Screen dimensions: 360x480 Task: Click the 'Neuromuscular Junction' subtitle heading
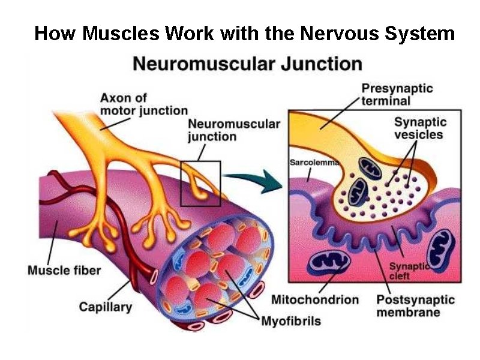[247, 64]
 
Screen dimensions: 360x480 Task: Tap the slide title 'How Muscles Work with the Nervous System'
[244, 33]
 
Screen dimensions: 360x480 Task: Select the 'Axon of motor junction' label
[144, 104]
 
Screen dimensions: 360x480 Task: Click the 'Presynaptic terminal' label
[397, 94]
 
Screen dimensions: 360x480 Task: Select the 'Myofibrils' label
[291, 321]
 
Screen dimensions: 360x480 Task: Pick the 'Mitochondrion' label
[315, 299]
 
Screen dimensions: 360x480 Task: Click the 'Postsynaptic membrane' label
[415, 306]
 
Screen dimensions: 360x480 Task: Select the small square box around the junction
[200, 183]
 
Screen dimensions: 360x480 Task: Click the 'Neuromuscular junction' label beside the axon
[234, 130]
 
